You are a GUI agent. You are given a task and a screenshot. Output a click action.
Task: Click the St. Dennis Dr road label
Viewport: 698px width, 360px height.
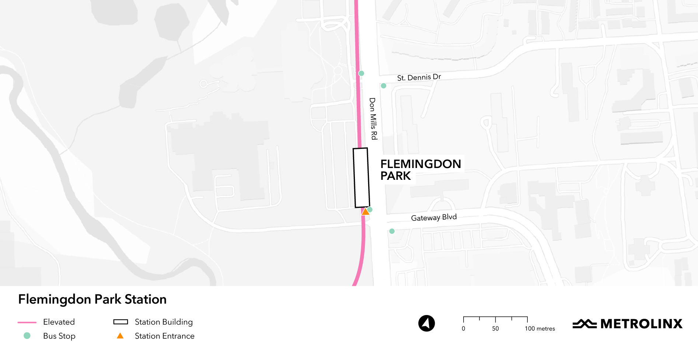[419, 77]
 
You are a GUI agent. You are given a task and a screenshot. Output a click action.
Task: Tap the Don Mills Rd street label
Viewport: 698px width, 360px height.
[373, 119]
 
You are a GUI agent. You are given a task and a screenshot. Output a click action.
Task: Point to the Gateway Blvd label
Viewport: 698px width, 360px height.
[434, 217]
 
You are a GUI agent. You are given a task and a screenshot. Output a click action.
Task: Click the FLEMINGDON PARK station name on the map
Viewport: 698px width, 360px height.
[420, 169]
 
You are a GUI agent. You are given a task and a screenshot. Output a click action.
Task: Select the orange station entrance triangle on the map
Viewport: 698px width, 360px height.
[365, 212]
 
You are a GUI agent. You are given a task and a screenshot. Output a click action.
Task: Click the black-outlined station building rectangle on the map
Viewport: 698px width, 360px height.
[361, 178]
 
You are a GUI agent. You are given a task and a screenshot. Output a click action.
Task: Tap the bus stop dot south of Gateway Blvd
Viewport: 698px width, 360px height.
[392, 231]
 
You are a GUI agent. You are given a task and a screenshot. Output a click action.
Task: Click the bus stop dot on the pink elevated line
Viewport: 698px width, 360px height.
[362, 73]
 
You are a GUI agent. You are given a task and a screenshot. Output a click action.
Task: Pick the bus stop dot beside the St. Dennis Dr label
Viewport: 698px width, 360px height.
[384, 86]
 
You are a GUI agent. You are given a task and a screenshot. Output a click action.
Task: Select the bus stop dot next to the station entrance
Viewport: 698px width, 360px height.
[370, 209]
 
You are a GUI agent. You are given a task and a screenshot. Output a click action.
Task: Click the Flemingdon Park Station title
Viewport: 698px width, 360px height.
[93, 299]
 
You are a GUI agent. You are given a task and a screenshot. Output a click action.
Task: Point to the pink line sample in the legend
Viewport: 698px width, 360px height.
[27, 322]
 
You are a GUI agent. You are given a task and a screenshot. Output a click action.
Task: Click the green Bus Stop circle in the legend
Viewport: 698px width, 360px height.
[27, 336]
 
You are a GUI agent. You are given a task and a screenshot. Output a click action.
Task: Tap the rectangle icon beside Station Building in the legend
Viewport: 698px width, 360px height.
[121, 322]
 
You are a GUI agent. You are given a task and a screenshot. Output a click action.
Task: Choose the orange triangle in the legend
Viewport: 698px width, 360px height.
[120, 336]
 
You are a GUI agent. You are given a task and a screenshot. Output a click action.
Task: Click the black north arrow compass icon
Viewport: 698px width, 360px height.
[426, 324]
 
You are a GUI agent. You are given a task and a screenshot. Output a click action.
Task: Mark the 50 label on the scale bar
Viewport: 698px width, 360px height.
[495, 329]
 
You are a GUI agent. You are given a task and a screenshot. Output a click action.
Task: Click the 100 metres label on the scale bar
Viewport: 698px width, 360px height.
[540, 329]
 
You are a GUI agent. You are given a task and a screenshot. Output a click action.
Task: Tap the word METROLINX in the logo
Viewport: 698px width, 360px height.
[641, 324]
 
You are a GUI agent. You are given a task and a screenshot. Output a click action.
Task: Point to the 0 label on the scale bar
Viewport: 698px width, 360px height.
[464, 329]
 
